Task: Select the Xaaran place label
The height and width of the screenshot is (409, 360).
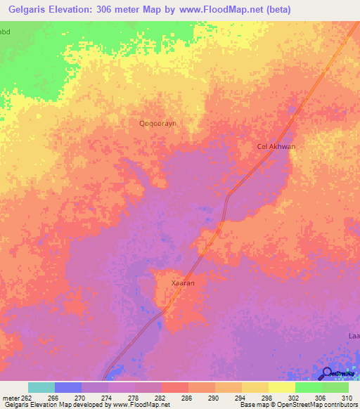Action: [x=183, y=283]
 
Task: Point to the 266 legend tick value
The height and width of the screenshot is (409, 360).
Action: [x=53, y=397]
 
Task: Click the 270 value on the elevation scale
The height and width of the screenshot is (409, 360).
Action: [x=80, y=397]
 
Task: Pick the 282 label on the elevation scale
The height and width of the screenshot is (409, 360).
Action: [x=160, y=397]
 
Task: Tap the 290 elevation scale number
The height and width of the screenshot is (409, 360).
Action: [x=214, y=397]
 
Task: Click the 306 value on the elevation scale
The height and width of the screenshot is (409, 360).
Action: [x=321, y=397]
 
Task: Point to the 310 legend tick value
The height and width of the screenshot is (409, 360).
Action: [x=347, y=397]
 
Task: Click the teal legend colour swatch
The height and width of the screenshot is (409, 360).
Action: [x=41, y=387]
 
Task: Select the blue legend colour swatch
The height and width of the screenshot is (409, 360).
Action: [x=68, y=387]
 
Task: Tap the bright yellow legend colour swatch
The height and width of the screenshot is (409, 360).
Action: [x=281, y=387]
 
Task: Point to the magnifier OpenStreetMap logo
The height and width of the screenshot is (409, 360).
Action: [x=326, y=373]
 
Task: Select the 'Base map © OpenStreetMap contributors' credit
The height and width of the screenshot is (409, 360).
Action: [x=297, y=405]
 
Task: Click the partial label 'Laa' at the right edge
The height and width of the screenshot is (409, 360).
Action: [x=354, y=336]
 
